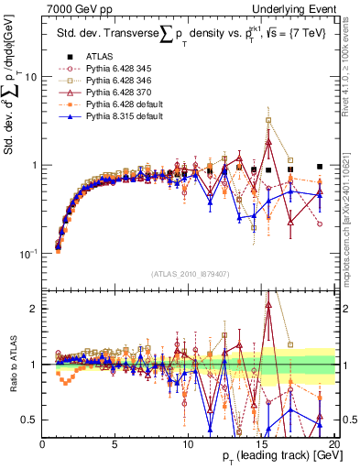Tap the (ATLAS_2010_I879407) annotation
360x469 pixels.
coord(188,272)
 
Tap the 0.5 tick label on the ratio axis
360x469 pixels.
coord(30,420)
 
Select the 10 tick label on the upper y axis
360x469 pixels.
coord(31,77)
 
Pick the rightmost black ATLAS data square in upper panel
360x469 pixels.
coord(320,167)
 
